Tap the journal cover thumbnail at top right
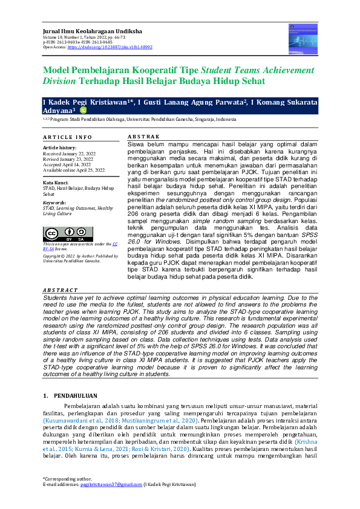click(x=303, y=35)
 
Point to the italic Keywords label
click(x=55, y=201)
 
